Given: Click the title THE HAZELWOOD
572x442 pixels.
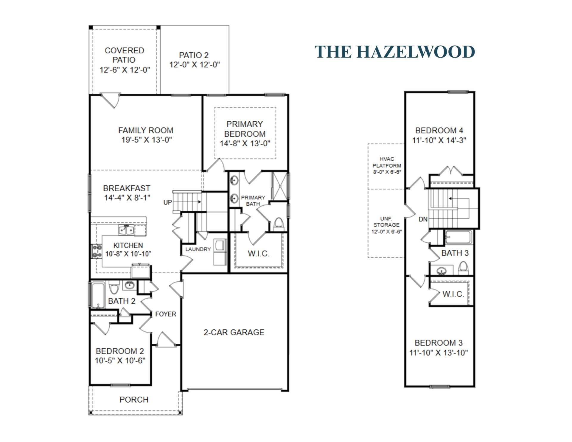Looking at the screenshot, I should pos(394,52).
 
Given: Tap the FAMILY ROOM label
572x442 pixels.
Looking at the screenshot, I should pos(146,131).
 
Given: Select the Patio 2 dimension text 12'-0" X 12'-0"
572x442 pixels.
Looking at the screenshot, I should pos(195,65).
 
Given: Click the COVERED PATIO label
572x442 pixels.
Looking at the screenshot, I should pos(124,55).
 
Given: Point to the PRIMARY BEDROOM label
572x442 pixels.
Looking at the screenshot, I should pos(245,129).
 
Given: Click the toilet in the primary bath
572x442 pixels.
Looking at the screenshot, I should pos(279,224).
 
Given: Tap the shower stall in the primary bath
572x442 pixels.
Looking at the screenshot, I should pos(279,185).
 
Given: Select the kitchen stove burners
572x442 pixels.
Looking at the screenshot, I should pos(96,251).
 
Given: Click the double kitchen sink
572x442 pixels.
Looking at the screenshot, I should pos(126,230).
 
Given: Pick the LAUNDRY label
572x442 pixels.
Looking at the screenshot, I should pos(198,249).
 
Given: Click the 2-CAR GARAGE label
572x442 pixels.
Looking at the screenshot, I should pos(234,332).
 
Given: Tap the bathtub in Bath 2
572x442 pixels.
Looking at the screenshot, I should pos(97,295).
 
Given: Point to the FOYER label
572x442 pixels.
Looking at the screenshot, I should pos(166,314).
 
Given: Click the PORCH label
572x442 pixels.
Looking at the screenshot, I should pos(134,400).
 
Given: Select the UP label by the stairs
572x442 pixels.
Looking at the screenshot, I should pos(167,202).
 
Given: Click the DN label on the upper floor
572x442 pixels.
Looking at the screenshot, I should pos(423,219).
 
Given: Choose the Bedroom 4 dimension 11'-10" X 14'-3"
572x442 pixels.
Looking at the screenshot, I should pos(439,140).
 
